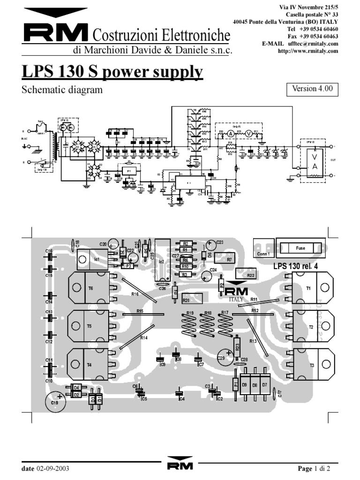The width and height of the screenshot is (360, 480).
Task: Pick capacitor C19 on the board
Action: [55, 402]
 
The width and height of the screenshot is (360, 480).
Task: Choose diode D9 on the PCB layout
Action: [245, 385]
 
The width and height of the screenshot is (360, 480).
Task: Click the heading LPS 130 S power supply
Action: [112, 73]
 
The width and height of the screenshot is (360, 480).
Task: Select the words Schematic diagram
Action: [62, 90]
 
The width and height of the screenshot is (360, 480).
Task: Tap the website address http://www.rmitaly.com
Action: [308, 51]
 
